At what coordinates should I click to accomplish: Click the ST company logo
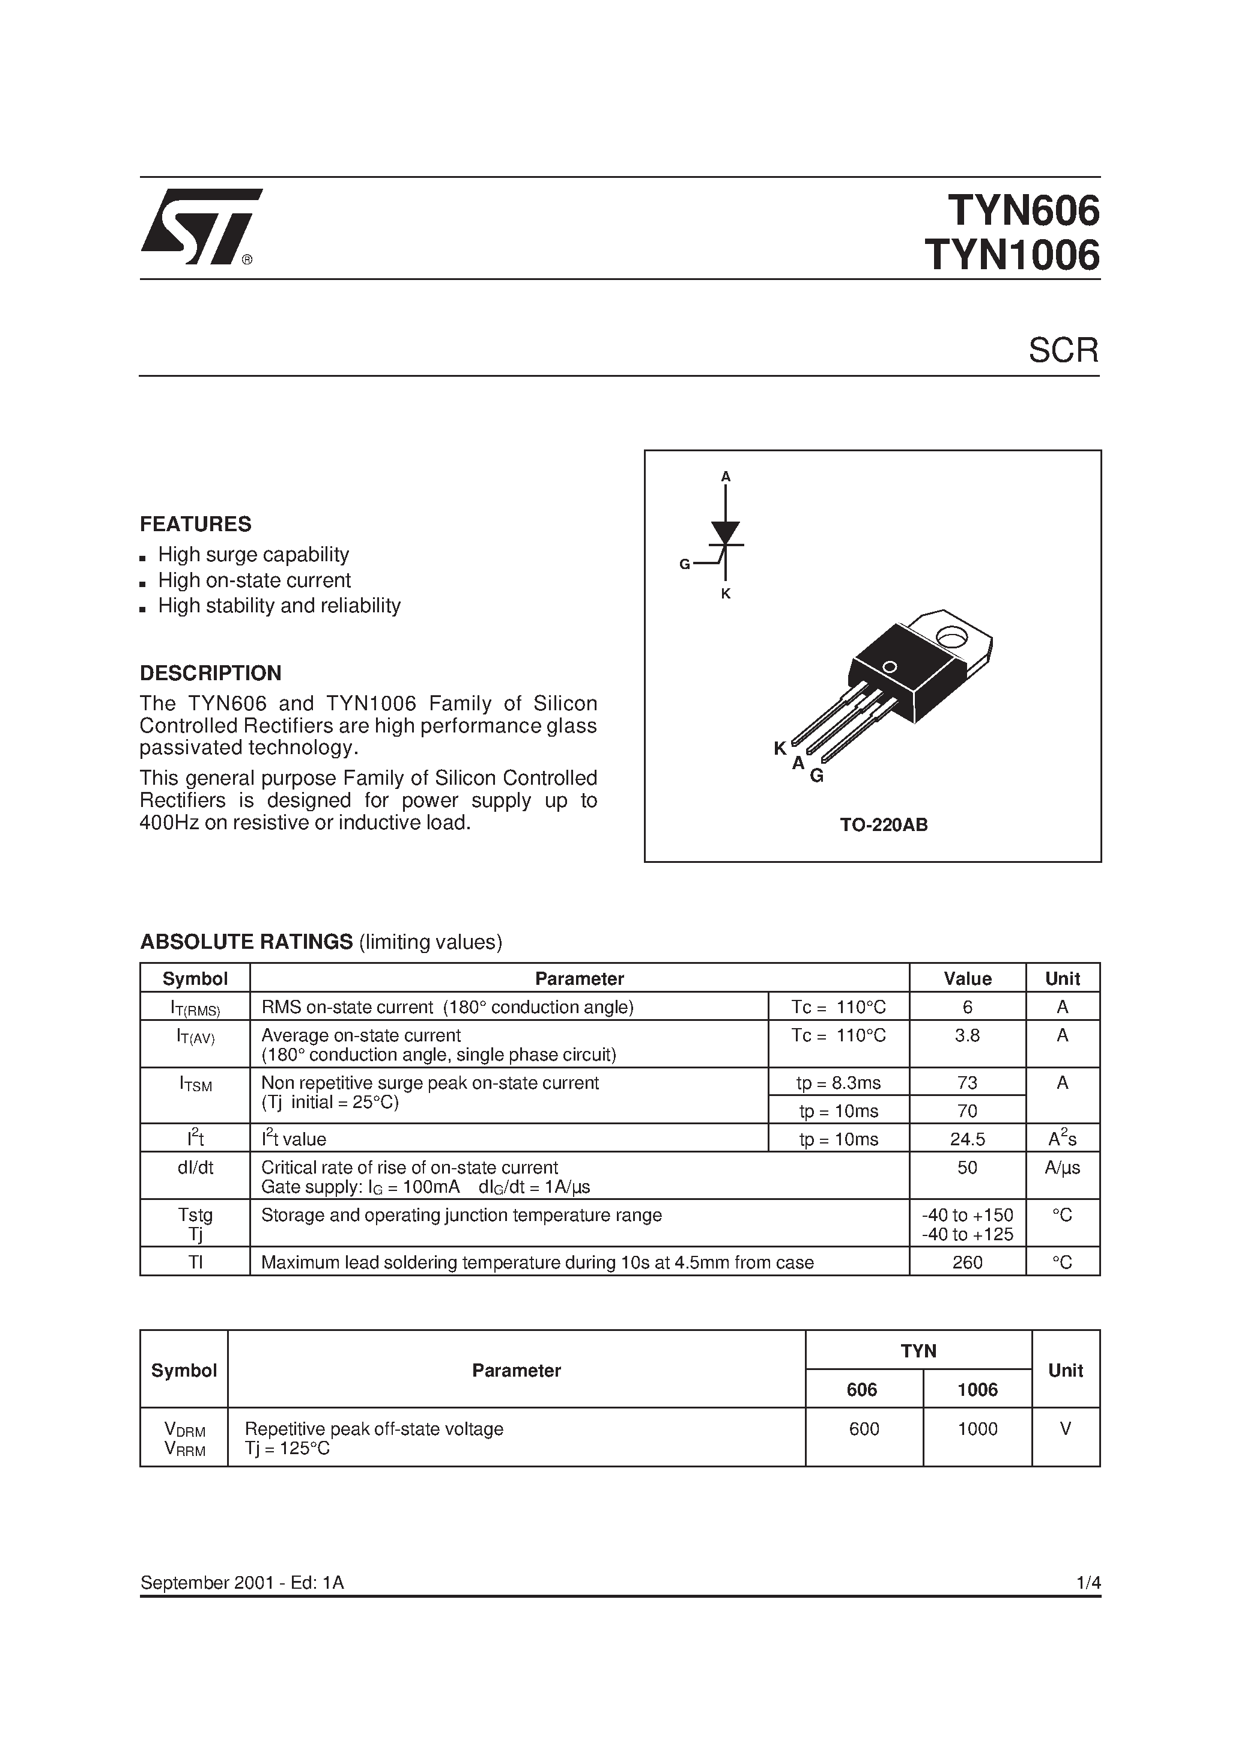[201, 227]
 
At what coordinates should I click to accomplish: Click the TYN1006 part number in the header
[1012, 255]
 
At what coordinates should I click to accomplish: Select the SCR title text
[1063, 350]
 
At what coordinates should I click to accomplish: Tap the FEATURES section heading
[195, 524]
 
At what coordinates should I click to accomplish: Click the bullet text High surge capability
[253, 555]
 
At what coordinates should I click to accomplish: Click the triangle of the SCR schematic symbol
[726, 532]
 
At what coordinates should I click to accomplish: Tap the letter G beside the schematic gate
[684, 565]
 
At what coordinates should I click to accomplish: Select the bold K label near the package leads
[780, 749]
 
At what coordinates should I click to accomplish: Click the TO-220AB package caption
[884, 825]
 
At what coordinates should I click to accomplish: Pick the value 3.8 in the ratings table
[967, 1036]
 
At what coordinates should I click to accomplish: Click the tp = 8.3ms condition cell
[839, 1083]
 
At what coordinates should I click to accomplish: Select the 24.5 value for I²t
[967, 1139]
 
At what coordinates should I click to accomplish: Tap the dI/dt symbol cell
[195, 1168]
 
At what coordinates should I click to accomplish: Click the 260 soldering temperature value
[967, 1262]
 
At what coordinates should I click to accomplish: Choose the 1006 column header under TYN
[977, 1390]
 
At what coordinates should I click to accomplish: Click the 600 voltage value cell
[864, 1430]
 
